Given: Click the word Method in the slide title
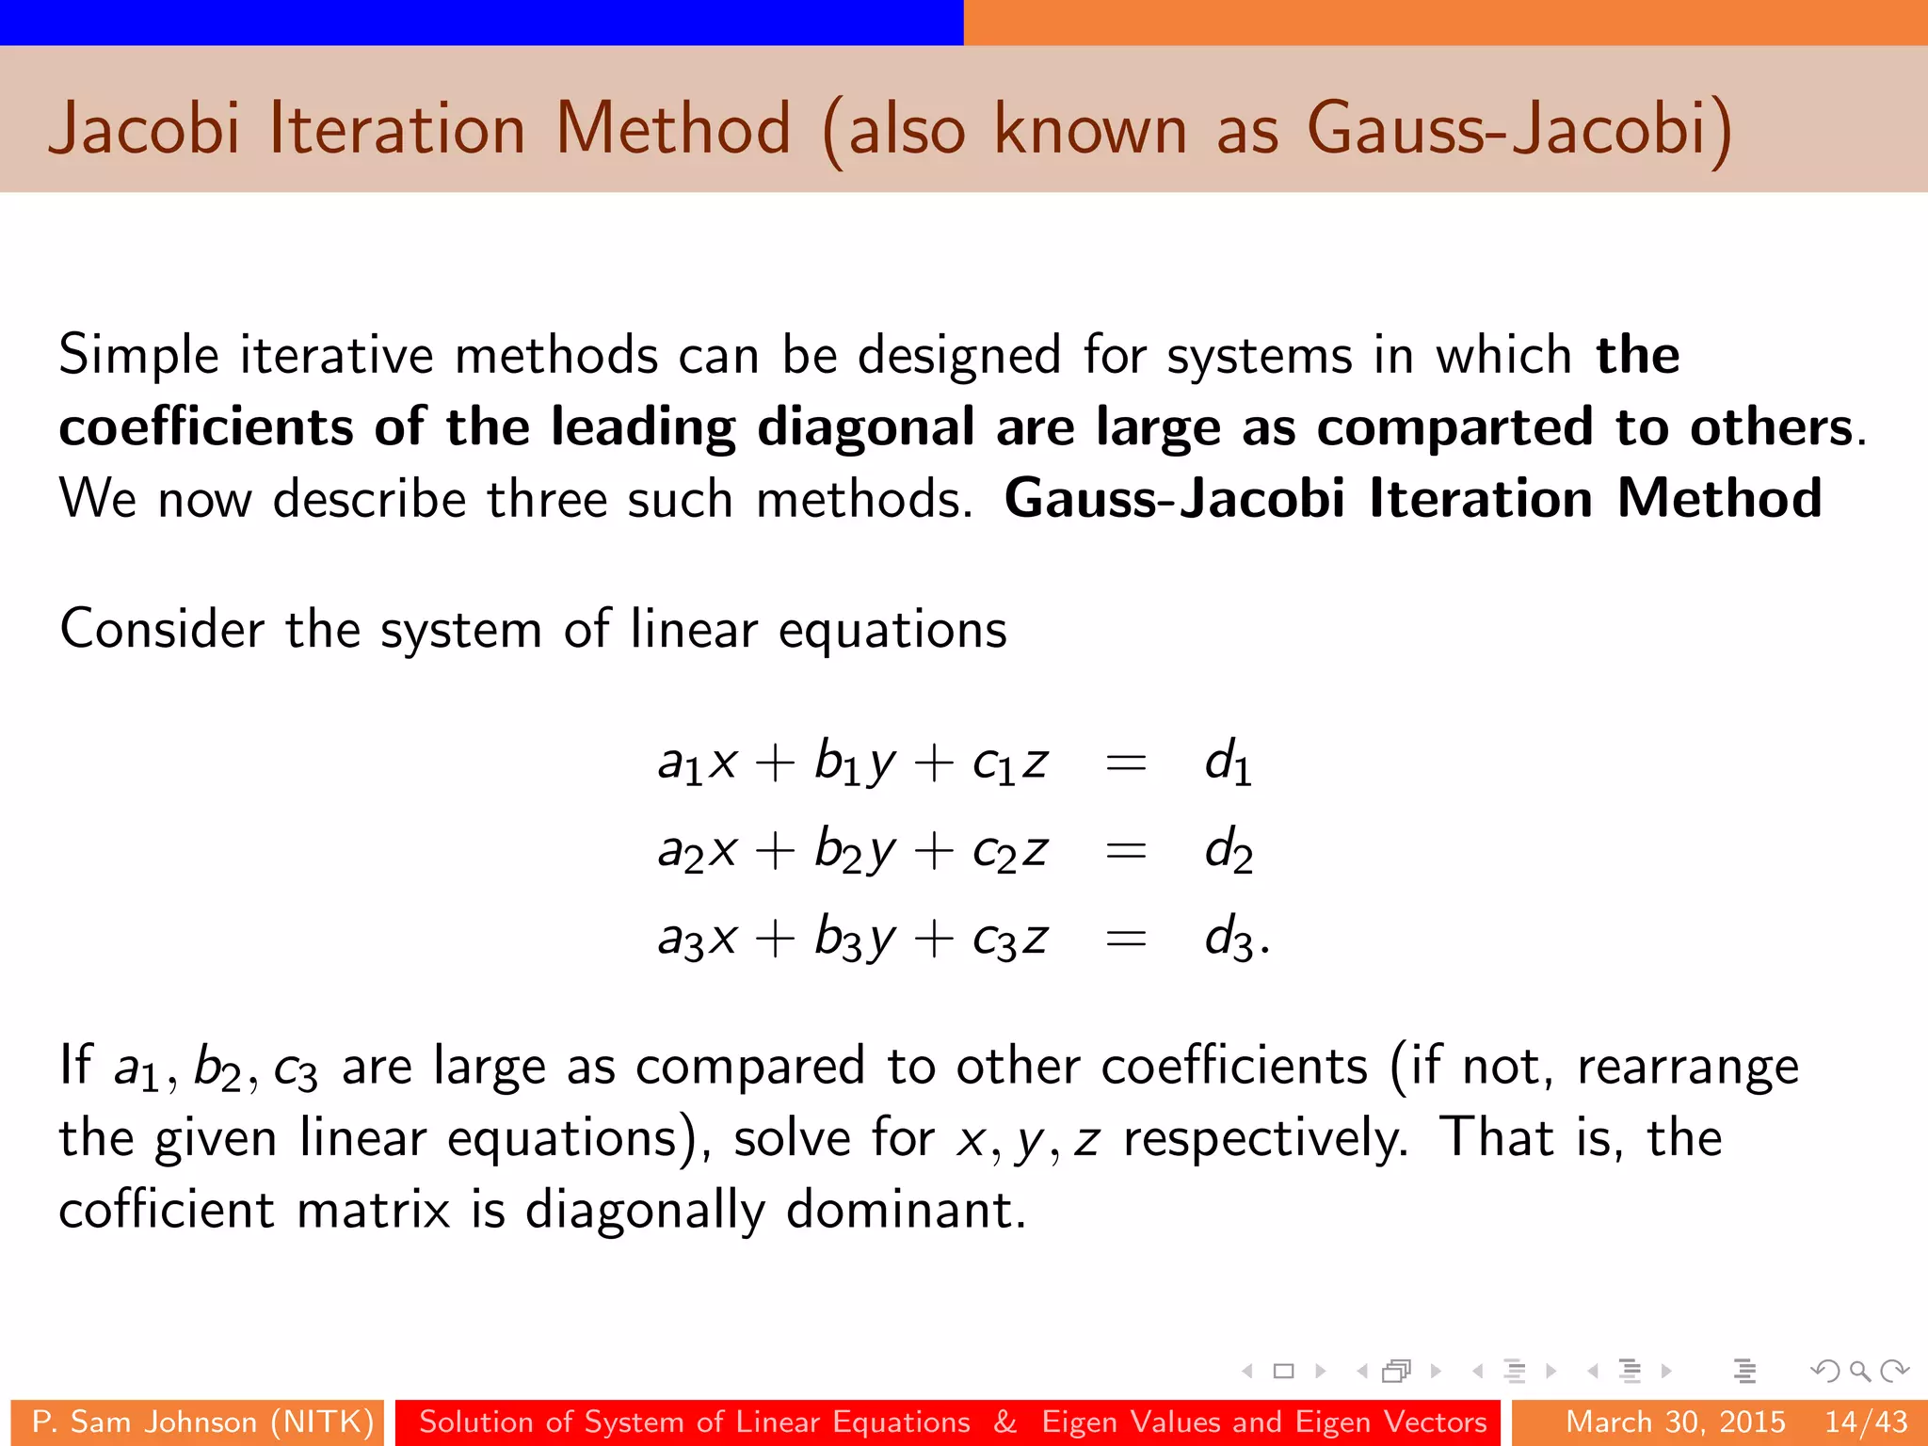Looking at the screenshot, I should (x=673, y=129).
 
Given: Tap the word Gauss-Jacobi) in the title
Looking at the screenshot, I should (x=1518, y=129).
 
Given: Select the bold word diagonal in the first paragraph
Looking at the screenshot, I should (x=866, y=427).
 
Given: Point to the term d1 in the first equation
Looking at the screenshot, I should (x=1228, y=762).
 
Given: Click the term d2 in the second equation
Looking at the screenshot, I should (x=1229, y=850).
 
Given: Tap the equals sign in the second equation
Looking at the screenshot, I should (x=1126, y=851).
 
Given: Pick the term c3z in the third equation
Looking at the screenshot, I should (x=1010, y=939).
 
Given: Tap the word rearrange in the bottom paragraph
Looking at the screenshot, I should (x=1687, y=1067).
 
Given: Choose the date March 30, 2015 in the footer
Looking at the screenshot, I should (x=1675, y=1422).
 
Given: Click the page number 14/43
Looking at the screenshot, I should (x=1866, y=1422).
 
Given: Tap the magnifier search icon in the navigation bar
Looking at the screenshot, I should (x=1859, y=1372).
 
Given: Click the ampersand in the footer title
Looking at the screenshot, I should (x=1005, y=1422).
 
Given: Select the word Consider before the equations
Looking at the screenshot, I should (x=161, y=629).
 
